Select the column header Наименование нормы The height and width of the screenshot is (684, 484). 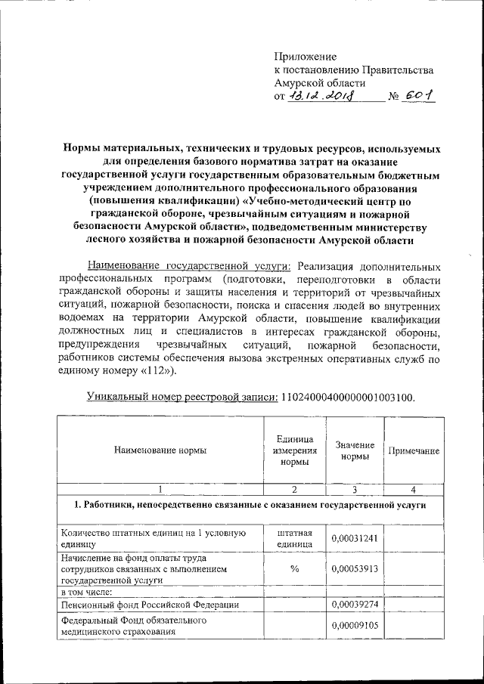coord(160,450)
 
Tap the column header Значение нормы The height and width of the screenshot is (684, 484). coord(355,450)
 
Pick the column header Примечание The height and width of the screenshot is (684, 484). coord(414,450)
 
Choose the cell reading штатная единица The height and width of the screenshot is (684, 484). coord(294,537)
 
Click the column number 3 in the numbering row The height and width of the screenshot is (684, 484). coord(355,488)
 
